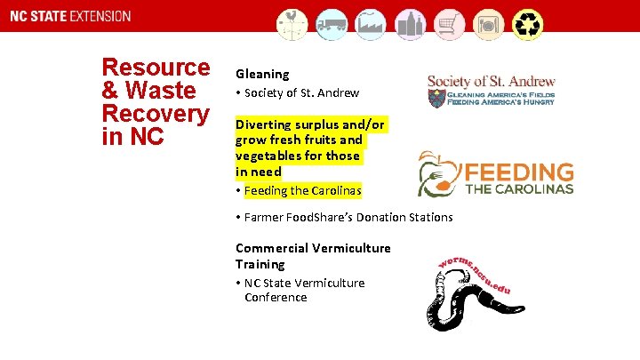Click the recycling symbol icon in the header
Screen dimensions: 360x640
528,25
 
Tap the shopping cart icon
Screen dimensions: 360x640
448,25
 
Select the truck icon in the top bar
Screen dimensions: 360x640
332,25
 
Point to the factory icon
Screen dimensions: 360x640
371,25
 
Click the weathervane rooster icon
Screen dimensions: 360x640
292,25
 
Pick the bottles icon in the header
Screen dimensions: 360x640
410,25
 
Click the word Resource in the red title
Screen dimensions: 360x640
156,68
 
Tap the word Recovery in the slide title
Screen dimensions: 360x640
156,114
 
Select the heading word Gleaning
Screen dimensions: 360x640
262,75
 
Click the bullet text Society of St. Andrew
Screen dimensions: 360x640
301,92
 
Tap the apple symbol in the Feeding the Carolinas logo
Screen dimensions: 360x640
438,173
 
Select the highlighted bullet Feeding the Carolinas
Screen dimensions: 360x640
302,190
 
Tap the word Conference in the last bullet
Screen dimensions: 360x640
276,297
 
